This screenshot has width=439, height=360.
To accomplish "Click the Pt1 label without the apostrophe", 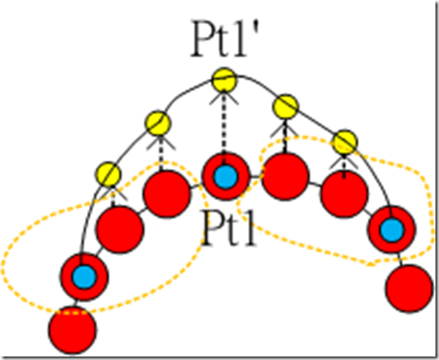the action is (229, 227).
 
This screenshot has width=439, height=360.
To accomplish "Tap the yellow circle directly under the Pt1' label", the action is (224, 79).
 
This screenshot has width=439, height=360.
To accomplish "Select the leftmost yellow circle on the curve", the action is (108, 174).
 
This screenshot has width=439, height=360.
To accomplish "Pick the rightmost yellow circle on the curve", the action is (346, 142).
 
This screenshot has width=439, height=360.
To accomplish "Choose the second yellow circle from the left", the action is (158, 123).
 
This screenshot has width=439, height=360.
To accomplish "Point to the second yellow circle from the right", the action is (286, 107).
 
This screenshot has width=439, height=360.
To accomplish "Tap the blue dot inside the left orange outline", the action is (85, 277).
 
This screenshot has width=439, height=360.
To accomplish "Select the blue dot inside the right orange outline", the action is (391, 229).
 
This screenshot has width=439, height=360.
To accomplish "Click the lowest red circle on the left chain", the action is (72, 330).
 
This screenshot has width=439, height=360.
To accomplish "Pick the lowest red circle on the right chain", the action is (410, 289).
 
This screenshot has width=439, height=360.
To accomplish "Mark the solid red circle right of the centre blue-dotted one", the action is (285, 176).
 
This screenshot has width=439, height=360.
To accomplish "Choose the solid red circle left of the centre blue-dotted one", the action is (167, 194).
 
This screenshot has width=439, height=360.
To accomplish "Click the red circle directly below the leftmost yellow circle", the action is (120, 229).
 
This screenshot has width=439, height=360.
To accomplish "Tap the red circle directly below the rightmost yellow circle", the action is (345, 194).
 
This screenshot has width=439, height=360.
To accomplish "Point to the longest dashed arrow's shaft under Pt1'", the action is (224, 124).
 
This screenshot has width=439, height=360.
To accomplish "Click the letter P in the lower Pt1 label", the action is (212, 227).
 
